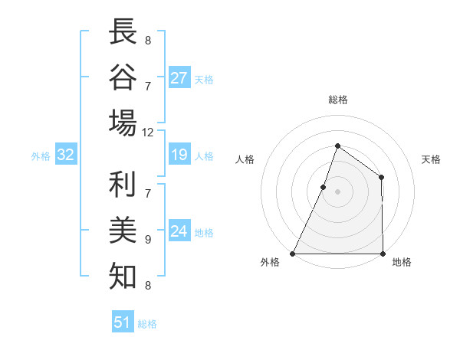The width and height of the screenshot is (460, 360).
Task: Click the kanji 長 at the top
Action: [123, 32]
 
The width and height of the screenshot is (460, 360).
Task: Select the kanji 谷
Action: [123, 77]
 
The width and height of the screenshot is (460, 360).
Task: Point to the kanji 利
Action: [123, 186]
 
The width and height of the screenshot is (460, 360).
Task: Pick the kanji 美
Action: [123, 231]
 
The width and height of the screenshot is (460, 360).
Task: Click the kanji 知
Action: [123, 275]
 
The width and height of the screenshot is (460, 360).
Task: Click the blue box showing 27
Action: [179, 78]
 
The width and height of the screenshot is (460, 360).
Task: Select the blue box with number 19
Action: [179, 155]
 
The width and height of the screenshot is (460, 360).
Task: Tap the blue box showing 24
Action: [179, 231]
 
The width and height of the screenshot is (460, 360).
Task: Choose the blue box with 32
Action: [66, 155]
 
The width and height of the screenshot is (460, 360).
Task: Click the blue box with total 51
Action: [123, 322]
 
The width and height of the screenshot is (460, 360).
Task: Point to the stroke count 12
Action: [148, 133]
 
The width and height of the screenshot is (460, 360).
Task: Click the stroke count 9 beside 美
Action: [148, 240]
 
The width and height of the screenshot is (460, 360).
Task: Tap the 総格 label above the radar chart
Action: [337, 100]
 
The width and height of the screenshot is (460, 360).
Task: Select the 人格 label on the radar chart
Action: [245, 159]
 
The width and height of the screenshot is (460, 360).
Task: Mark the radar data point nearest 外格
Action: [293, 254]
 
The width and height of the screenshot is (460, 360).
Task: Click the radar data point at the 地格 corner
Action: [383, 254]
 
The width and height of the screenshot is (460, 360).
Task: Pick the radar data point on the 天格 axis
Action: [382, 178]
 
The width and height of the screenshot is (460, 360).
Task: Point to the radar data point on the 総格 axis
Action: [337, 146]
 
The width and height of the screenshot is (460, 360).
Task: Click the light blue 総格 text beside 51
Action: [147, 324]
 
